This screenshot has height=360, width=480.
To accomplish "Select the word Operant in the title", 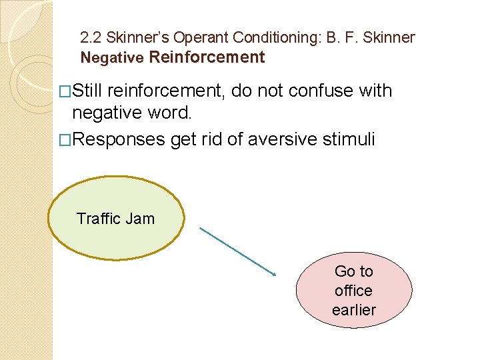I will (201, 37).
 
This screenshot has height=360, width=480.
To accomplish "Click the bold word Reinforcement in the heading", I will (207, 57).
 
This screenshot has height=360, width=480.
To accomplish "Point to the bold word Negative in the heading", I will (112, 58).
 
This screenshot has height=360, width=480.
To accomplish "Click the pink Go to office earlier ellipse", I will (353, 291).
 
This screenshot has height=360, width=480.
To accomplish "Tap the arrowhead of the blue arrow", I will (274, 273).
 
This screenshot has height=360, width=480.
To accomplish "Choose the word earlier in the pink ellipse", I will (353, 310).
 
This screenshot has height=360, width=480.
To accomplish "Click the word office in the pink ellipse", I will (353, 291).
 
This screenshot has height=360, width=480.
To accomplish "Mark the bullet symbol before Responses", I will (65, 139).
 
